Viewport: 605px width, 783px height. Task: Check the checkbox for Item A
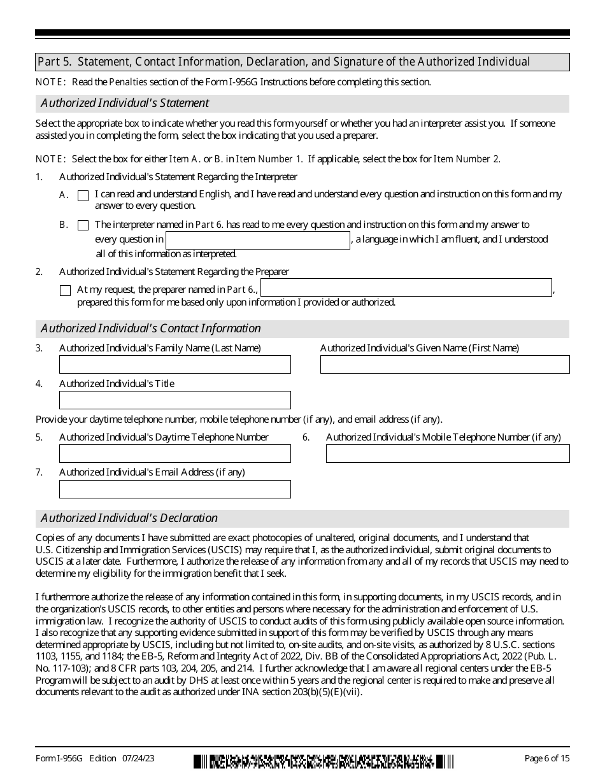click(x=83, y=196)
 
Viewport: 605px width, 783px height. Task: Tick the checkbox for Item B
click(x=83, y=225)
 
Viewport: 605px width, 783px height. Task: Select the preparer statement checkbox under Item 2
click(x=65, y=290)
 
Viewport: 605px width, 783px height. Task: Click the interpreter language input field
click(x=258, y=240)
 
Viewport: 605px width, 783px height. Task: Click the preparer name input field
click(x=406, y=288)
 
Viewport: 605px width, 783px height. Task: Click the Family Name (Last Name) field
click(x=175, y=364)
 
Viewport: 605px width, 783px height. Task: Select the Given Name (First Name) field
click(x=445, y=364)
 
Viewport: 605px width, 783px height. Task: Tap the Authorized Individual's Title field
click(x=175, y=400)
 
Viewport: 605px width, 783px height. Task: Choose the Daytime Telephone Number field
click(x=175, y=453)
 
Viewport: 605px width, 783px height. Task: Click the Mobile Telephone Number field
click(x=448, y=453)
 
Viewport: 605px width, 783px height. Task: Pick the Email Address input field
click(x=175, y=489)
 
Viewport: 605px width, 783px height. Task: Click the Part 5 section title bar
click(x=302, y=62)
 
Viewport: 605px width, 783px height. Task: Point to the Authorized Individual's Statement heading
click(x=125, y=103)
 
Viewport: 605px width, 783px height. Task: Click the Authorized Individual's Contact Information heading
click(x=151, y=328)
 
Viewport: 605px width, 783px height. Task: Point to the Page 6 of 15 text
click(x=546, y=758)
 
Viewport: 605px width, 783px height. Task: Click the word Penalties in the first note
click(x=128, y=82)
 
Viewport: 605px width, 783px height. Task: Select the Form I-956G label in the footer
click(x=60, y=758)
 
